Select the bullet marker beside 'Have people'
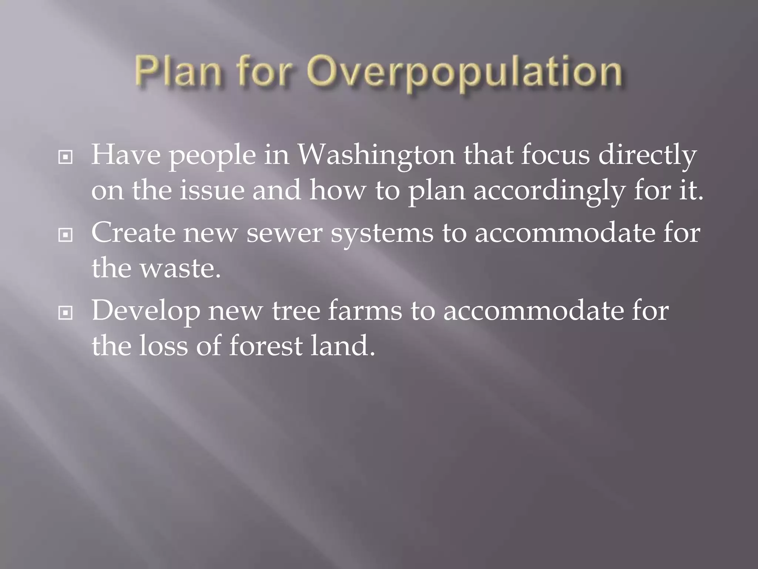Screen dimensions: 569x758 [x=66, y=157]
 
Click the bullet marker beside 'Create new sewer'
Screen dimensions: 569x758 [x=66, y=235]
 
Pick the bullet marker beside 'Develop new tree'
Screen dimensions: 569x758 [x=66, y=313]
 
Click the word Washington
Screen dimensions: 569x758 [x=376, y=156]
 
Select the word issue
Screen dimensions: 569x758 [x=212, y=190]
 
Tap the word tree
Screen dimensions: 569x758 [x=296, y=311]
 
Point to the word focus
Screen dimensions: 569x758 [x=555, y=156]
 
